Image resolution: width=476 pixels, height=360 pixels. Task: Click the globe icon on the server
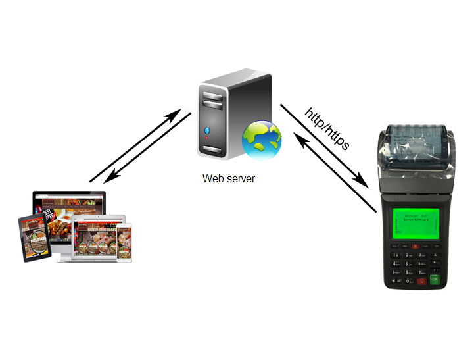click(x=262, y=140)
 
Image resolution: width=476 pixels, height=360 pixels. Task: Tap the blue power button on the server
click(x=207, y=130)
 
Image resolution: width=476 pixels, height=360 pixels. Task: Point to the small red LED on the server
click(x=208, y=140)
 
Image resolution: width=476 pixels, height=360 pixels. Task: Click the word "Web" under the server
click(x=212, y=178)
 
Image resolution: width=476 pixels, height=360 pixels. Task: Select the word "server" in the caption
click(x=239, y=178)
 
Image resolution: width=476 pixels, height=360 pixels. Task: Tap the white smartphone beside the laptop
click(x=127, y=241)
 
